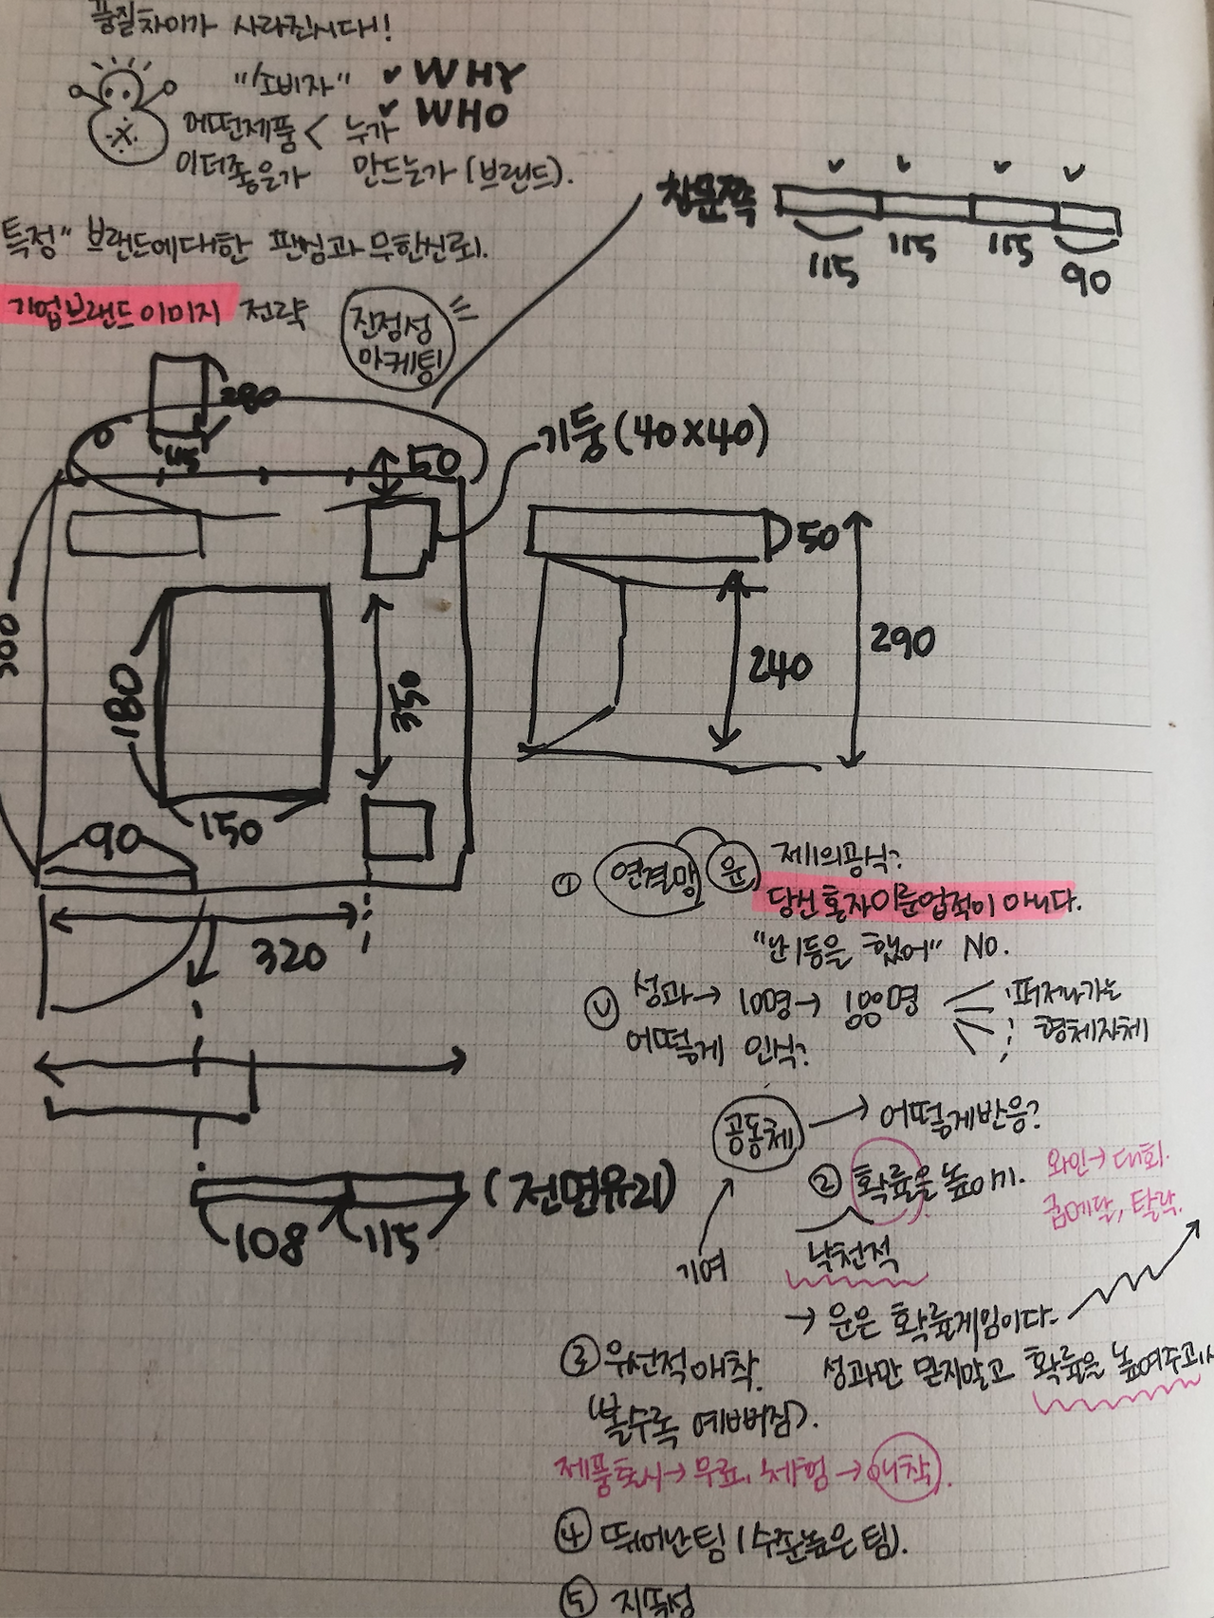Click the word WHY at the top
click(x=469, y=75)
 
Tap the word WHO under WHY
click(x=462, y=115)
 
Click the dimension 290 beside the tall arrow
click(x=902, y=642)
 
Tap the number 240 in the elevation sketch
click(x=780, y=667)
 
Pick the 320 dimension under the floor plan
click(x=290, y=958)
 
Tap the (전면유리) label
click(x=580, y=1191)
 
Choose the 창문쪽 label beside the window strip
click(x=707, y=201)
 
